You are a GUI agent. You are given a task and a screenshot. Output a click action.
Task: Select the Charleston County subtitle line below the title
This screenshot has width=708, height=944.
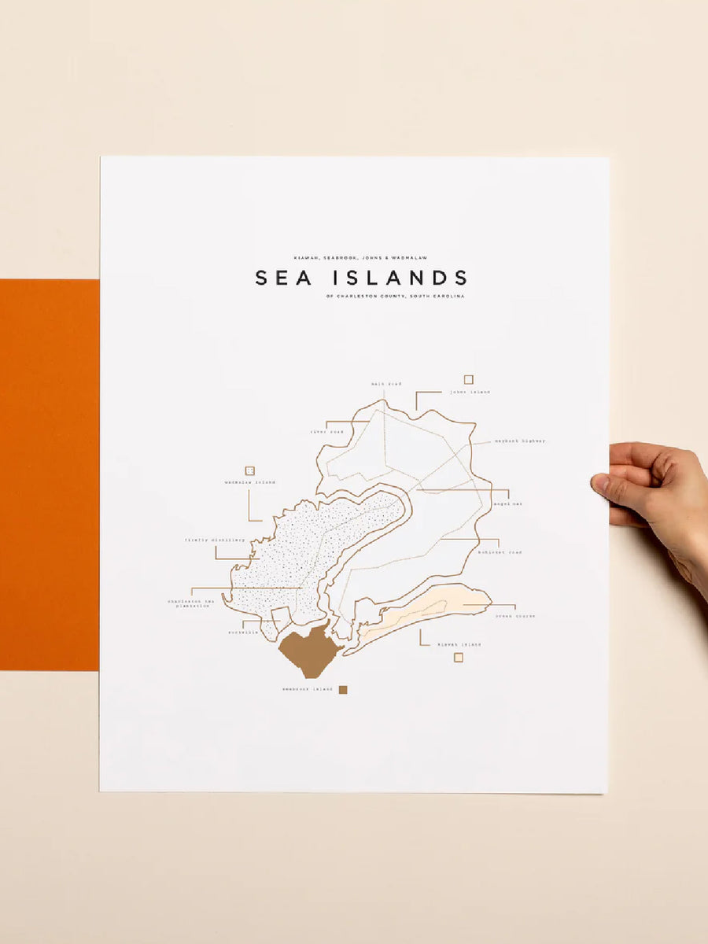(x=395, y=297)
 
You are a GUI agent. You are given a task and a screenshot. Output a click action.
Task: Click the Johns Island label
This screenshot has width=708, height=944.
(x=470, y=392)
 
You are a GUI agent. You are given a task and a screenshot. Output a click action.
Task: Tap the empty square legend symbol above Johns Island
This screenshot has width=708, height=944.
(x=468, y=379)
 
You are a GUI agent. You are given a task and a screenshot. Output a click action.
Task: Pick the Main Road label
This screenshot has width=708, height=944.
(x=385, y=384)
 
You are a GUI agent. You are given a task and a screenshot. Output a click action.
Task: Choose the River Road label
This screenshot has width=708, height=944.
(x=326, y=432)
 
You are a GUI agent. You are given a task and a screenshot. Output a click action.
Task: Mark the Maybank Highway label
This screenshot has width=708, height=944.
(x=520, y=441)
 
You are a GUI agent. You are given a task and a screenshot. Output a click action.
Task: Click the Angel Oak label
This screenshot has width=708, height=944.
(x=507, y=503)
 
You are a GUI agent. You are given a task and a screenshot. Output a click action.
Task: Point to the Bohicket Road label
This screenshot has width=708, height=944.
(x=503, y=552)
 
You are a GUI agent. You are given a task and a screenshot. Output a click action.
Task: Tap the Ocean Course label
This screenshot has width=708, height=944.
(x=515, y=616)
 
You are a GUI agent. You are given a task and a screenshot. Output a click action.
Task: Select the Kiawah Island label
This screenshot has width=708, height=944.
(x=459, y=644)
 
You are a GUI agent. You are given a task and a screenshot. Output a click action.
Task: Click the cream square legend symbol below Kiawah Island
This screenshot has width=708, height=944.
(x=458, y=658)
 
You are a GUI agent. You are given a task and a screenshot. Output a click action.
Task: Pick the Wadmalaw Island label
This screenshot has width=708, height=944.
(x=249, y=482)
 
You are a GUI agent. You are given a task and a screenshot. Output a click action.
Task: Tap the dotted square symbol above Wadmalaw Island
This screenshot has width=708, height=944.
(x=249, y=470)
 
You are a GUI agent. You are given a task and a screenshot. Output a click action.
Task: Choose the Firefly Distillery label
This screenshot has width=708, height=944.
(x=215, y=540)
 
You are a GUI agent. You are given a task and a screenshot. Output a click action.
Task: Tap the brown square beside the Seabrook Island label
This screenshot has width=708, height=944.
(x=343, y=690)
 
